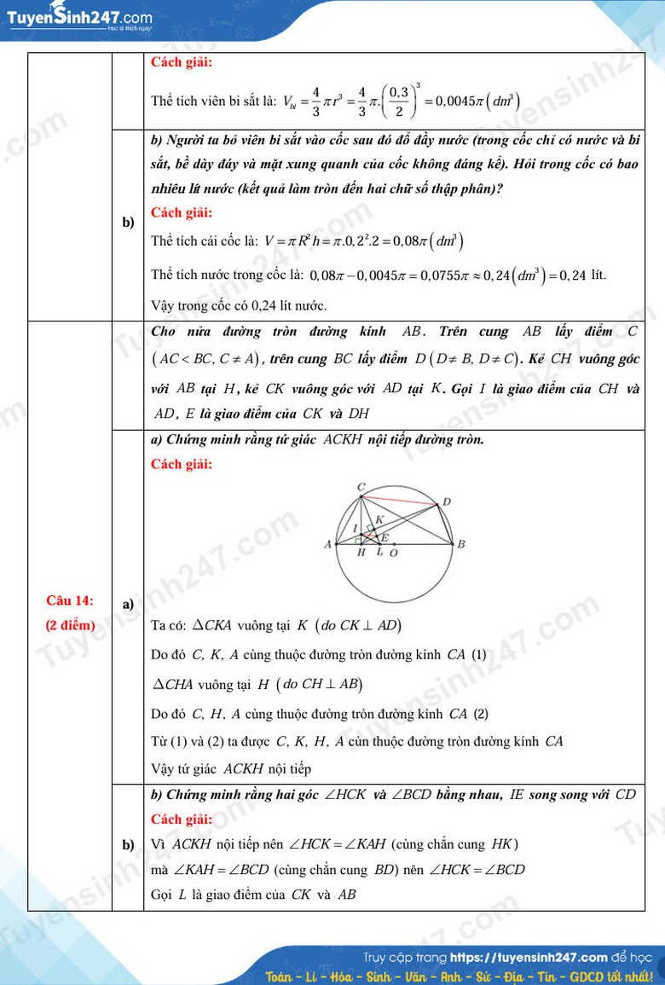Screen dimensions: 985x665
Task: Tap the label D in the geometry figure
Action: (x=447, y=501)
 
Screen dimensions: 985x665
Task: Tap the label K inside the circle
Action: (x=379, y=519)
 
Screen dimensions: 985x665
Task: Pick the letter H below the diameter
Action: (x=361, y=553)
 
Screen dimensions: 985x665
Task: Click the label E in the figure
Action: (x=385, y=538)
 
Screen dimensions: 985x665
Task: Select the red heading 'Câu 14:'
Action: (x=70, y=600)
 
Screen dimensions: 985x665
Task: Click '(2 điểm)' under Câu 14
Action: (x=70, y=625)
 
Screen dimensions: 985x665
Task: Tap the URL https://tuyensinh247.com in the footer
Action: (x=529, y=958)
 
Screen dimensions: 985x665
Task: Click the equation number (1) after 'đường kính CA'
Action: (x=479, y=655)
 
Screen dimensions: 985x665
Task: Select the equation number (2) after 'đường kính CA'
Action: (x=481, y=714)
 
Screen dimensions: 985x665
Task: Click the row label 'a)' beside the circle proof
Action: (x=128, y=604)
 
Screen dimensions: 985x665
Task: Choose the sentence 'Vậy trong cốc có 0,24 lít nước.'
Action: (x=239, y=305)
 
